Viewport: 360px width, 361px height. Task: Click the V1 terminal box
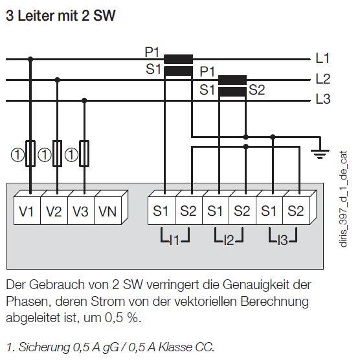[27, 211]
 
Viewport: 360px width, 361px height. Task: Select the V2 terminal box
[54, 211]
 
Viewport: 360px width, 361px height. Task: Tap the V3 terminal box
[81, 211]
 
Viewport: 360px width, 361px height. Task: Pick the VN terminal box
[108, 211]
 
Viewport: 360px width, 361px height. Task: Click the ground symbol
[320, 154]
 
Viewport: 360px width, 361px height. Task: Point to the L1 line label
[322, 58]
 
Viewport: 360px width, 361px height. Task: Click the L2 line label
[323, 79]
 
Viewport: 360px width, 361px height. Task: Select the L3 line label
[323, 99]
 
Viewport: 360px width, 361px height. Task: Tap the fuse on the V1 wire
[30, 154]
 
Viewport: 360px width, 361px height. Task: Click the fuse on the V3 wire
[84, 154]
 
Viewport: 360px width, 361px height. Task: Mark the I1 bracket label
[175, 240]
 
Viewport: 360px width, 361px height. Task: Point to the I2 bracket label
[229, 240]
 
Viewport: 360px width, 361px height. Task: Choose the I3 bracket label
[283, 240]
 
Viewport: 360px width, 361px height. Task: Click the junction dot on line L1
[30, 59]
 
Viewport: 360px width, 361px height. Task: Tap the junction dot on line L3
[84, 100]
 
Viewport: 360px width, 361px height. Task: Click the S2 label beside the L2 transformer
[256, 90]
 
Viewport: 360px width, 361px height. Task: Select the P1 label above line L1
[152, 52]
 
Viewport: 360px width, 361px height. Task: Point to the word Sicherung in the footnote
[44, 347]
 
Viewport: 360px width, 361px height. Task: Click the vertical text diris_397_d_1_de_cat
[343, 199]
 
